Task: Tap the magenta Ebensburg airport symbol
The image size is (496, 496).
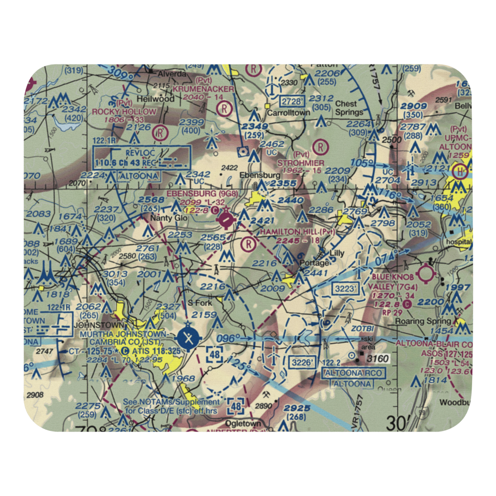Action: point(226,218)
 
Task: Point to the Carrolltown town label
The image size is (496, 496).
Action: point(289,113)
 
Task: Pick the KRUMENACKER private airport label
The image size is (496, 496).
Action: point(203,89)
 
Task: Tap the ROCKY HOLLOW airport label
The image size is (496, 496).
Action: point(124,112)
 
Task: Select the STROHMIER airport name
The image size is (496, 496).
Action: point(301,163)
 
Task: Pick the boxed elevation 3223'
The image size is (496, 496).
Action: point(345,289)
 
